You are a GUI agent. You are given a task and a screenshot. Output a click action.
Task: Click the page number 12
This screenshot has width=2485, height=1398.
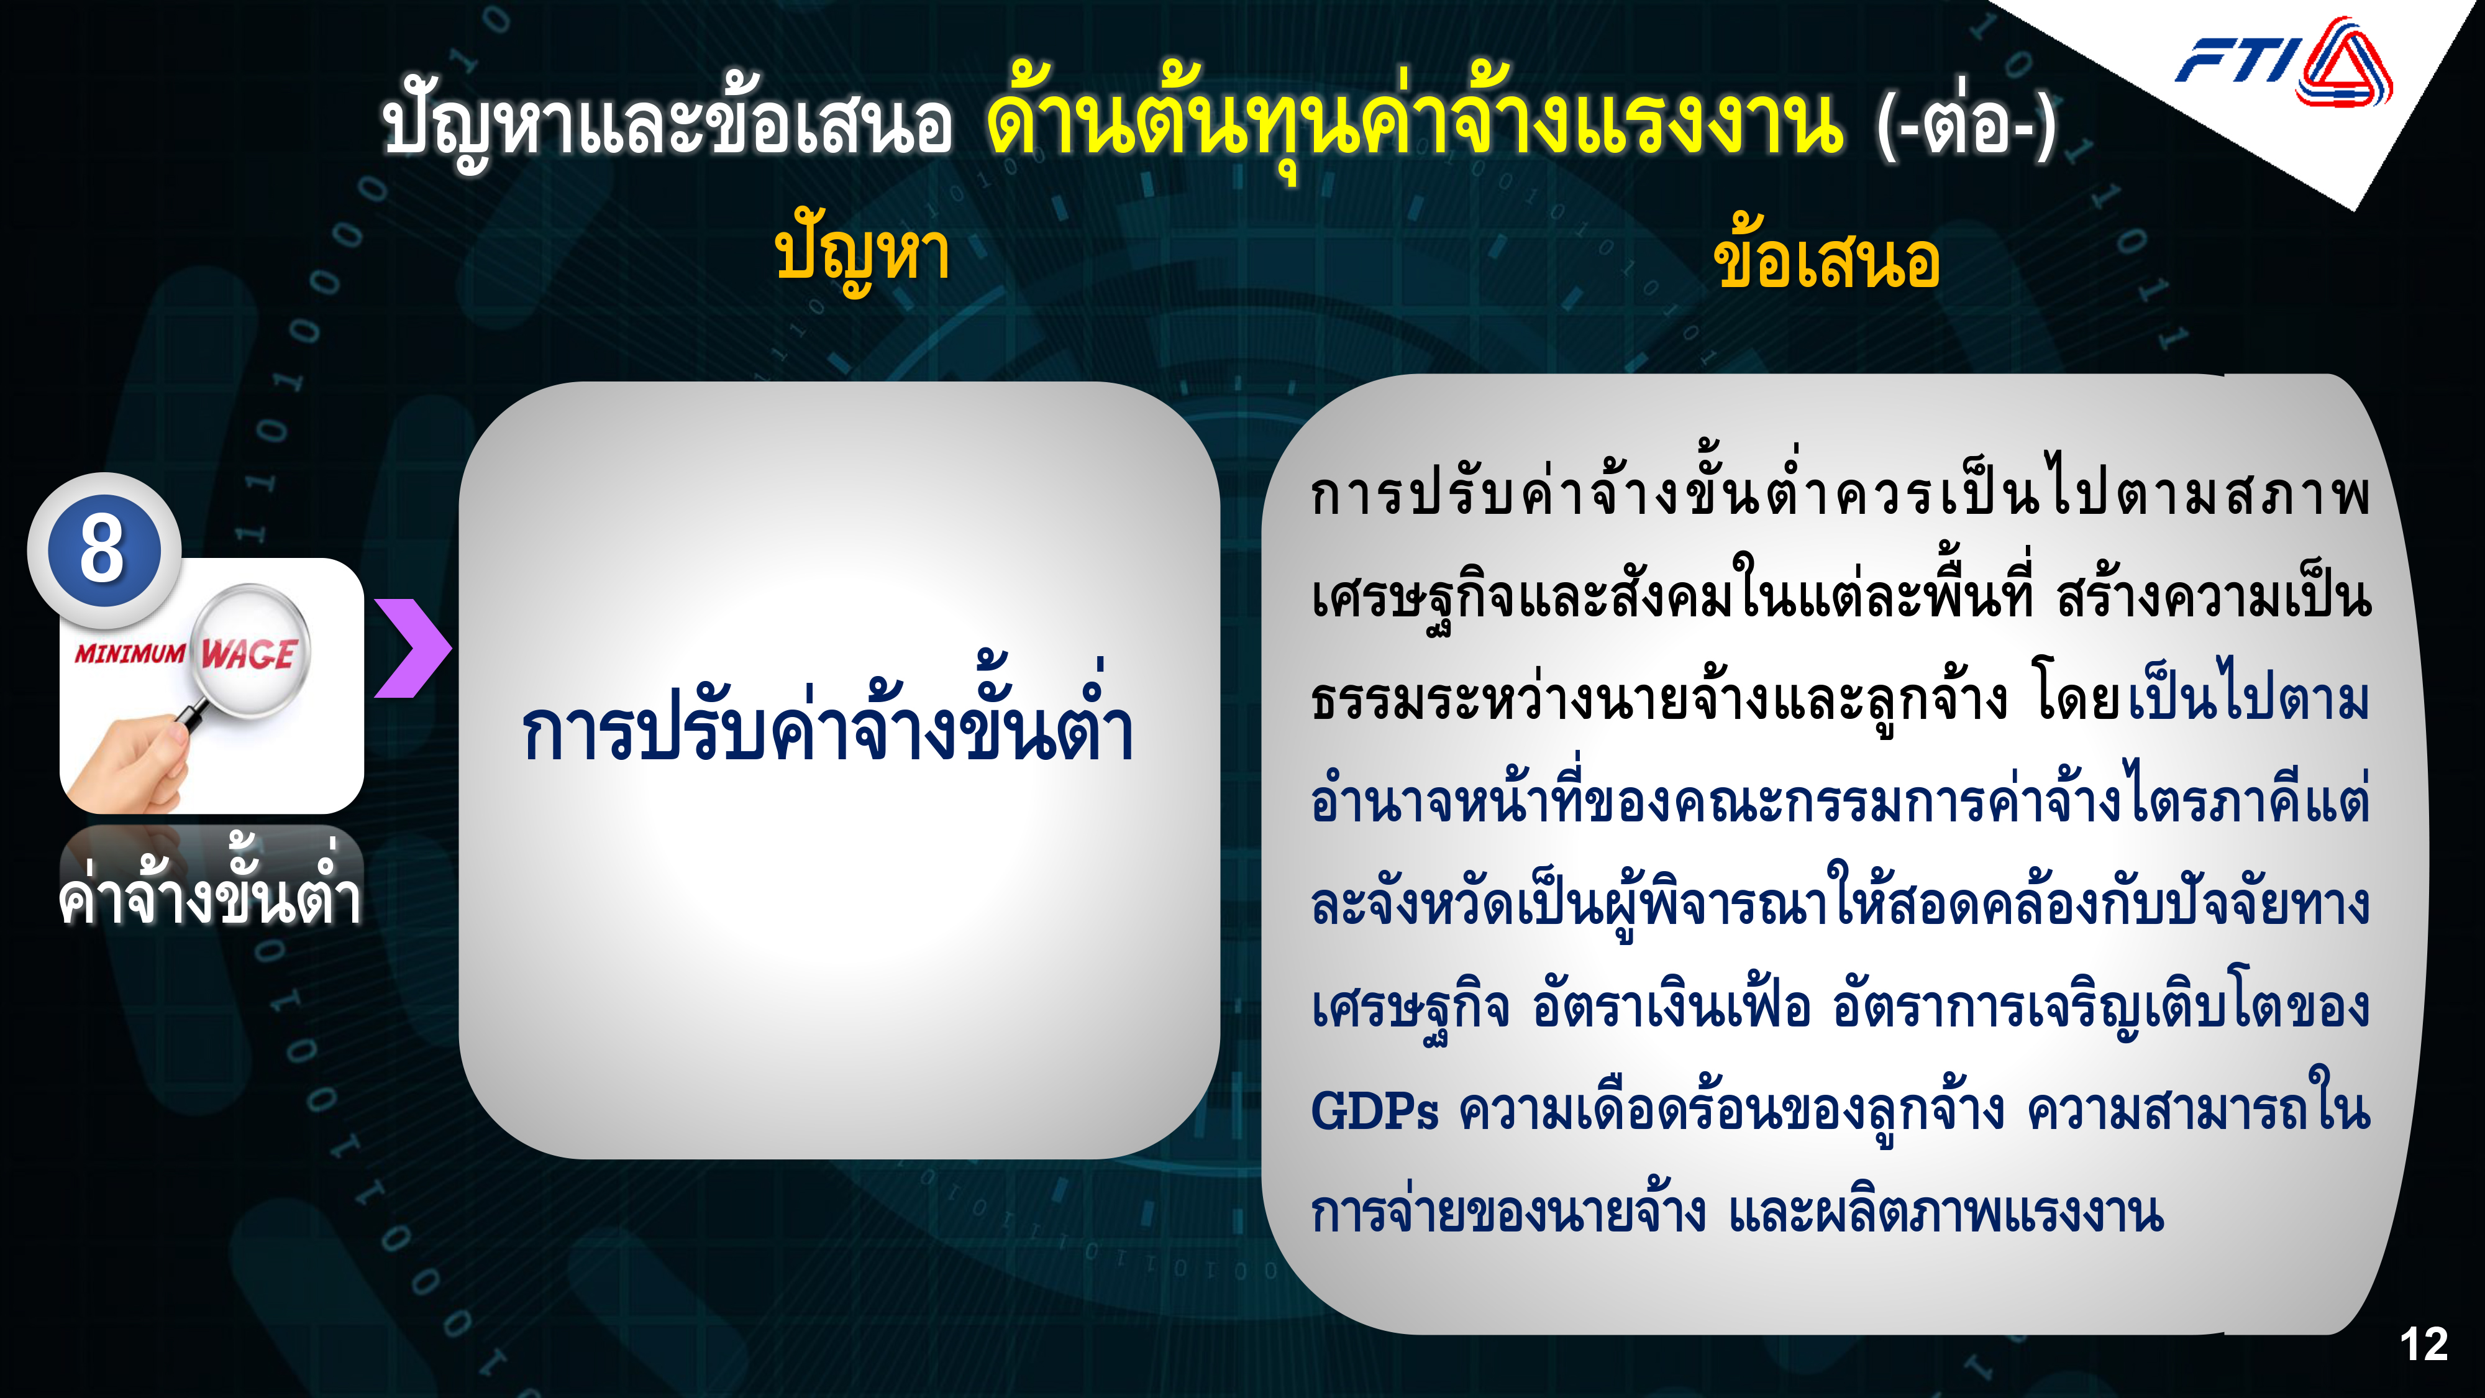click(2423, 1344)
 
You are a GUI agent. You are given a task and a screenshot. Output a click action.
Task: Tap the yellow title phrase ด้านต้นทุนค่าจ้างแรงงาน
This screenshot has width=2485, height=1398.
click(1415, 122)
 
